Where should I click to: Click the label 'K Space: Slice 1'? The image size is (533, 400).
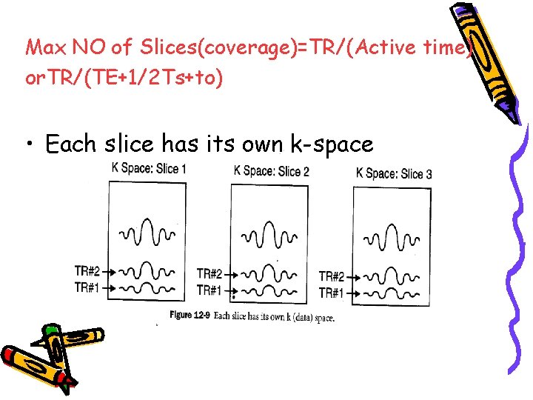coord(148,168)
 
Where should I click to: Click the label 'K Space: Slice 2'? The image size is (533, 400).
coord(271,171)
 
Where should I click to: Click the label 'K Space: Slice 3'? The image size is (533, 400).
coord(394,173)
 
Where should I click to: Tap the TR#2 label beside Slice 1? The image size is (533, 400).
coord(87,270)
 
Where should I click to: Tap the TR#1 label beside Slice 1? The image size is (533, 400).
coord(87,286)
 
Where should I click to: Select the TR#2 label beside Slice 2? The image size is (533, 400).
coord(209,275)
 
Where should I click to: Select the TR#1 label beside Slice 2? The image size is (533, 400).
coord(209,290)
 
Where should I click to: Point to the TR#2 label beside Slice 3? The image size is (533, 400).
coord(332,277)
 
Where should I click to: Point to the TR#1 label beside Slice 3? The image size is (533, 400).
coord(332,293)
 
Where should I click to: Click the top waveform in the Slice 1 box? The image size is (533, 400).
coord(147,233)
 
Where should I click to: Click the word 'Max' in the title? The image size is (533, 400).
coord(46,48)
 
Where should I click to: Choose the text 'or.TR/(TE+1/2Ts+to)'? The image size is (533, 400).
coord(124,78)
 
